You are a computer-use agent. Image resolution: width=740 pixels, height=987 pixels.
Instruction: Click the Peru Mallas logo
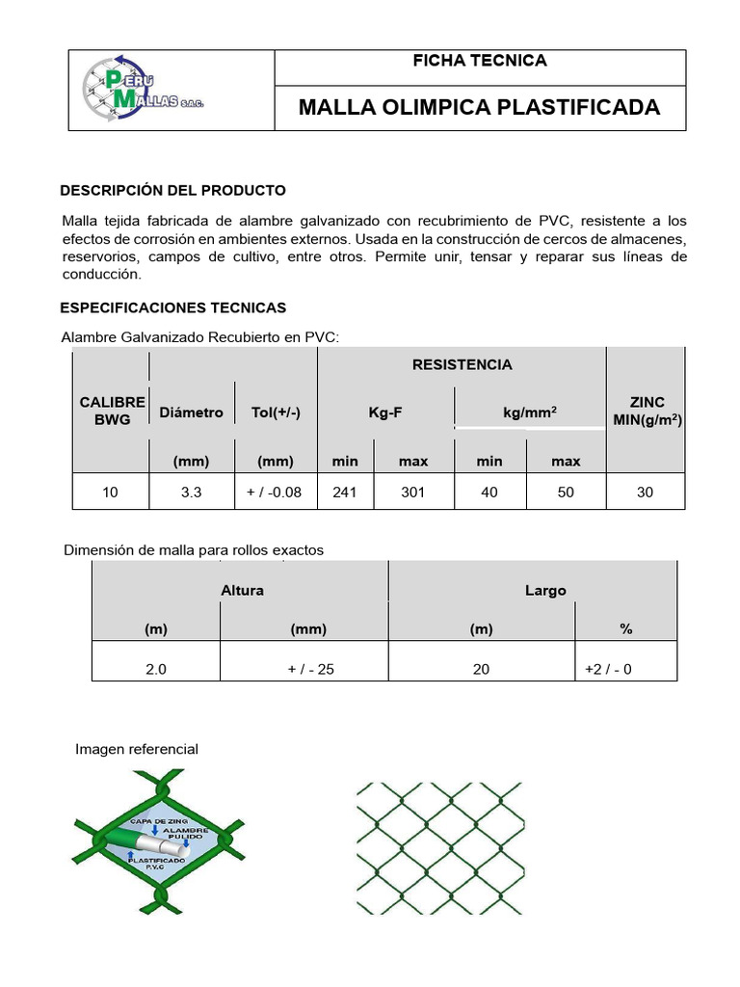coord(144,90)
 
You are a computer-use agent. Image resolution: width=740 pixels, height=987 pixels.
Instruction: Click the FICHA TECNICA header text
coord(479,61)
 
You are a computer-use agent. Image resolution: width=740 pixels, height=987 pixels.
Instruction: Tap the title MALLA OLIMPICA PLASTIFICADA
coord(479,107)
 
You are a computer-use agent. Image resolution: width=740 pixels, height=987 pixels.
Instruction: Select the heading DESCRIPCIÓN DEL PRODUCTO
coord(173,190)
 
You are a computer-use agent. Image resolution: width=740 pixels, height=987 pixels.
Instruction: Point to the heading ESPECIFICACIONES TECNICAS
coord(173,307)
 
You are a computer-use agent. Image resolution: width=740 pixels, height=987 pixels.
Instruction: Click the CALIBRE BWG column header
coord(112,411)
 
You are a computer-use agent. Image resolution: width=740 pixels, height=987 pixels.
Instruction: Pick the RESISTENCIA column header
coord(462,364)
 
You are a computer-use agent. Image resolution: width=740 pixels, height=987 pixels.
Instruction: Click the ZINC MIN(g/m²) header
coord(647,411)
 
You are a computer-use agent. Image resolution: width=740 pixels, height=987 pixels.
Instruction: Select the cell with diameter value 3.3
coord(191,492)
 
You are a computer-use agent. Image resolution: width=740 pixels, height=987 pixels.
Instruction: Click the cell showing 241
coord(345,492)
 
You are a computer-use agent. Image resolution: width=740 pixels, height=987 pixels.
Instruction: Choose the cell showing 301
coord(413,492)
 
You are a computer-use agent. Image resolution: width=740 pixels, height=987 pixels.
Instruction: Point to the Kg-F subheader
coord(385,413)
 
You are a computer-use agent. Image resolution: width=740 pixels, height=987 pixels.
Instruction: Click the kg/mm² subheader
coord(529,413)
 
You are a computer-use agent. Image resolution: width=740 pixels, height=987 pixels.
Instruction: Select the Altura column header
coord(242,590)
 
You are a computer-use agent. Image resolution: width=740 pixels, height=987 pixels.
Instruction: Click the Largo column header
coord(545,590)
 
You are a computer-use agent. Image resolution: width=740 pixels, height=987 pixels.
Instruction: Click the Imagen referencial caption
coord(137,749)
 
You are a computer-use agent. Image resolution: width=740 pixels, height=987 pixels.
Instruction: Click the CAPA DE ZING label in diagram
coord(143,819)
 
